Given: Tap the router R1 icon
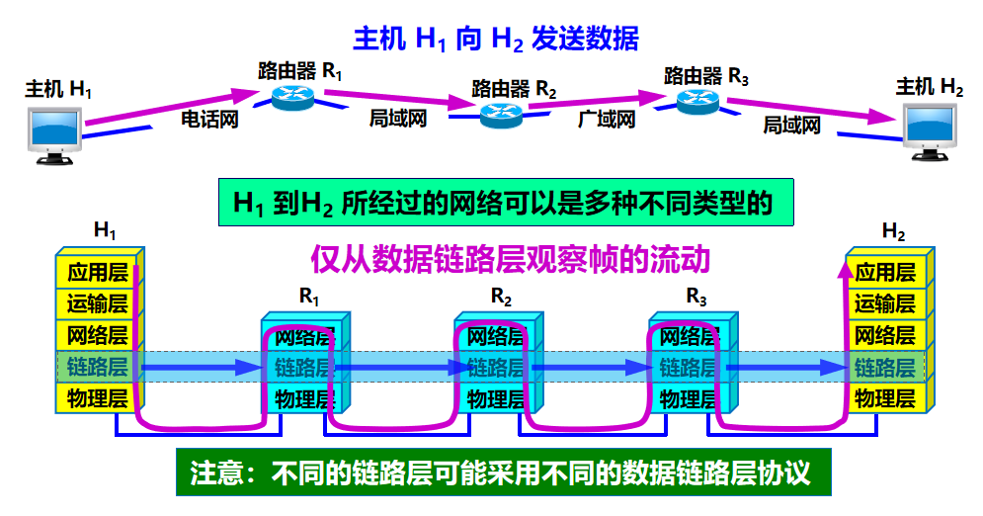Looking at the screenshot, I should tap(293, 95).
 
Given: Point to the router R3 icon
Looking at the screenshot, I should tap(699, 100).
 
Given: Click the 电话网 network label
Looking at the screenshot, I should tap(210, 120).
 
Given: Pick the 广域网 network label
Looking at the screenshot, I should tap(606, 120).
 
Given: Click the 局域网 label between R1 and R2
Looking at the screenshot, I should tap(398, 119).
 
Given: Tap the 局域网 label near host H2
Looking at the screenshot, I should tap(792, 125).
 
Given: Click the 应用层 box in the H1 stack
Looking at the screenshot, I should tap(98, 272).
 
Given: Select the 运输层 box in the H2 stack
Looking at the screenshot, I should tap(885, 303).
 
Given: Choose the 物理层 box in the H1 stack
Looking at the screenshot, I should tap(98, 399).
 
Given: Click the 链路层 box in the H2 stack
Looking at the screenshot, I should tap(885, 368).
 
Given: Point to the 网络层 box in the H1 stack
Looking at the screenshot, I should tap(98, 335).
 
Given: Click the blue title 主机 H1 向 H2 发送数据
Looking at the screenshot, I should tap(496, 39).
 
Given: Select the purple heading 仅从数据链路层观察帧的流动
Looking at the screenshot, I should tap(510, 260).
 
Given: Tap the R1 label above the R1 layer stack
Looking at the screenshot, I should tap(309, 295).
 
